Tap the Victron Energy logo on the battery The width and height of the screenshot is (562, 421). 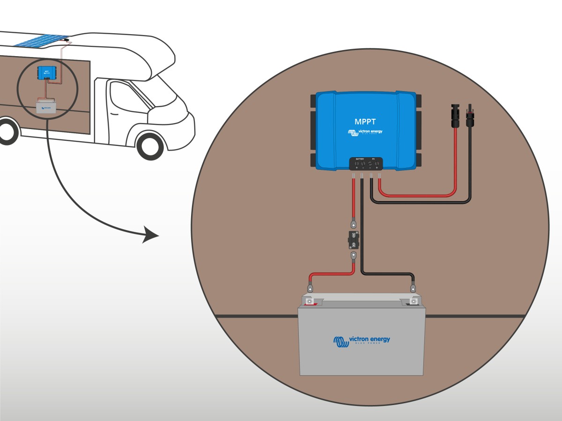coord(361,341)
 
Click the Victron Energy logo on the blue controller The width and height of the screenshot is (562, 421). coord(365,132)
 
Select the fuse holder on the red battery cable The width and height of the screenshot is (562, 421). coord(354,240)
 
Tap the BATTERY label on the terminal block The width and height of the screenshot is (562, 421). coord(359,159)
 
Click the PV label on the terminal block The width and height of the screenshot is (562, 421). coord(374,159)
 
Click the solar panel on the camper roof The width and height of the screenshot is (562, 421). coord(41,40)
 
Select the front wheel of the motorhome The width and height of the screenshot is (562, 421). coord(151,145)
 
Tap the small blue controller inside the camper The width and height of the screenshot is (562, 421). coord(45,72)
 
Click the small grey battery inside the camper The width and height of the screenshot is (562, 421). coord(46,107)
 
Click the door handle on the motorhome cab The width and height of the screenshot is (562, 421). coord(114,114)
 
